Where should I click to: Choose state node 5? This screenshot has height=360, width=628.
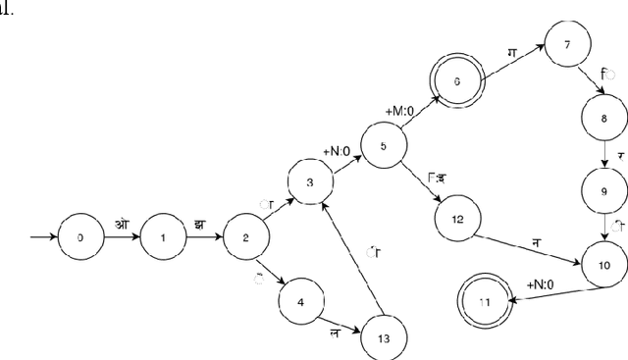point(384,146)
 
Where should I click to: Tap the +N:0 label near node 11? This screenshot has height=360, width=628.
point(543,284)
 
